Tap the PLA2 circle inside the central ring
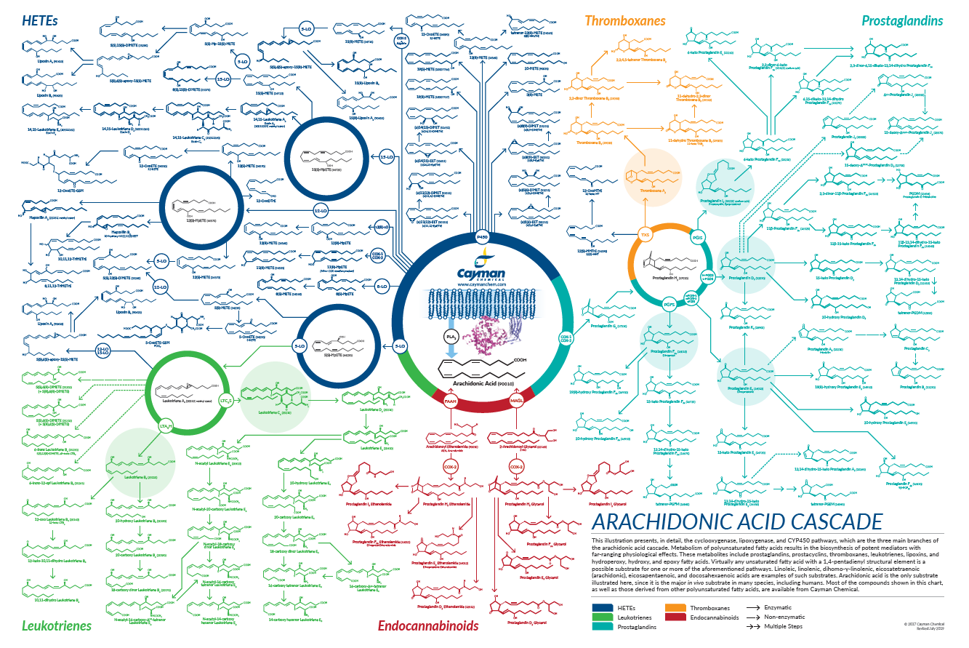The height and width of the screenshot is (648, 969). (450, 337)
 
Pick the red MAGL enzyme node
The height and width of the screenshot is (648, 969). (517, 401)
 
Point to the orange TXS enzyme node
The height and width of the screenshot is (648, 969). (644, 235)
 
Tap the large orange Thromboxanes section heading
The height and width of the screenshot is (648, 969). (624, 21)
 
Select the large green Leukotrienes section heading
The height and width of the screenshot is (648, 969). (57, 625)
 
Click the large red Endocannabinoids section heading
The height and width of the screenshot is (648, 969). (428, 625)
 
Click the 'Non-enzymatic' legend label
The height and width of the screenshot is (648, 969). (784, 617)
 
